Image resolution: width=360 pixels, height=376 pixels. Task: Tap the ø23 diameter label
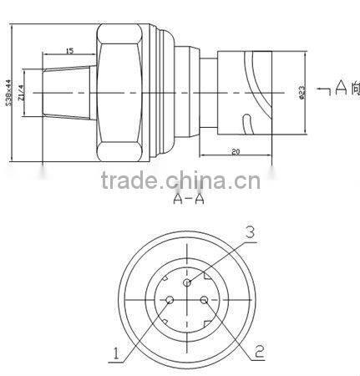[301, 91]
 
